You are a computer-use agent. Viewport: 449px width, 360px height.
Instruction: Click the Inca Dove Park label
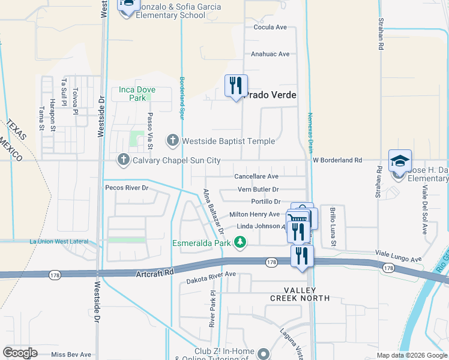click(x=137, y=94)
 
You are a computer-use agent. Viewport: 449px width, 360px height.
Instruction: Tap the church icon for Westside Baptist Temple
click(x=173, y=141)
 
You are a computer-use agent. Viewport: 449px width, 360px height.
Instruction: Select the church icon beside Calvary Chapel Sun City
click(x=124, y=160)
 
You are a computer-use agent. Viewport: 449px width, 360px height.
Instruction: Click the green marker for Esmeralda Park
click(x=240, y=242)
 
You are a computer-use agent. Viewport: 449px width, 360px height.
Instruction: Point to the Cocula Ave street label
click(x=270, y=28)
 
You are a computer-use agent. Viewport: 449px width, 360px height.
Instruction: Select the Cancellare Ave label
click(x=256, y=176)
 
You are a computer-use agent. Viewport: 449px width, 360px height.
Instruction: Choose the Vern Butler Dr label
click(x=258, y=190)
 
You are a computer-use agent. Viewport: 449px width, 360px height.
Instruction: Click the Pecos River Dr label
click(x=127, y=188)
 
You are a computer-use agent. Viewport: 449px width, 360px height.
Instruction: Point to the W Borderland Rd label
click(x=337, y=160)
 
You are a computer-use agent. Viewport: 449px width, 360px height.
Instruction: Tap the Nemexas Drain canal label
click(x=310, y=132)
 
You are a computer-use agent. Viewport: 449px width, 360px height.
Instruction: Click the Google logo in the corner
click(x=20, y=353)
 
